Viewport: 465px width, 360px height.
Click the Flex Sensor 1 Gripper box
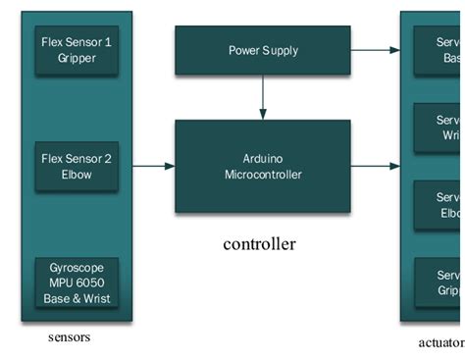pos(77,51)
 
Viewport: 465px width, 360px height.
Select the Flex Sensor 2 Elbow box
pos(77,166)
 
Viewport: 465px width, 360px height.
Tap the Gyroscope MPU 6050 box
pos(77,283)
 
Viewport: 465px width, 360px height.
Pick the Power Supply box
pos(262,50)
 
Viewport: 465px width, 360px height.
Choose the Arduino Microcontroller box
pos(262,166)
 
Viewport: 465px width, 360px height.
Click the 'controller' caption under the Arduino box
pos(259,244)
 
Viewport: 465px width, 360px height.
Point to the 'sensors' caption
pos(69,337)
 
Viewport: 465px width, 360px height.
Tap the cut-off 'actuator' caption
pos(440,342)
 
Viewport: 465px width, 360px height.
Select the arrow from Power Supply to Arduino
pos(262,97)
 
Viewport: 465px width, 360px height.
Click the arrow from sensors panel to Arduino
pos(153,166)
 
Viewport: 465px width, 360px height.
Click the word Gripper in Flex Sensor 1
pos(77,59)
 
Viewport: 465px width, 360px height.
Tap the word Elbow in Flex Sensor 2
pos(77,174)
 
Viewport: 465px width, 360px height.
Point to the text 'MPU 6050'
pos(77,283)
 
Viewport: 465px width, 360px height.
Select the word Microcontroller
pos(262,175)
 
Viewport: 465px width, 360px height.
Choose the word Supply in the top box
pos(280,50)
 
